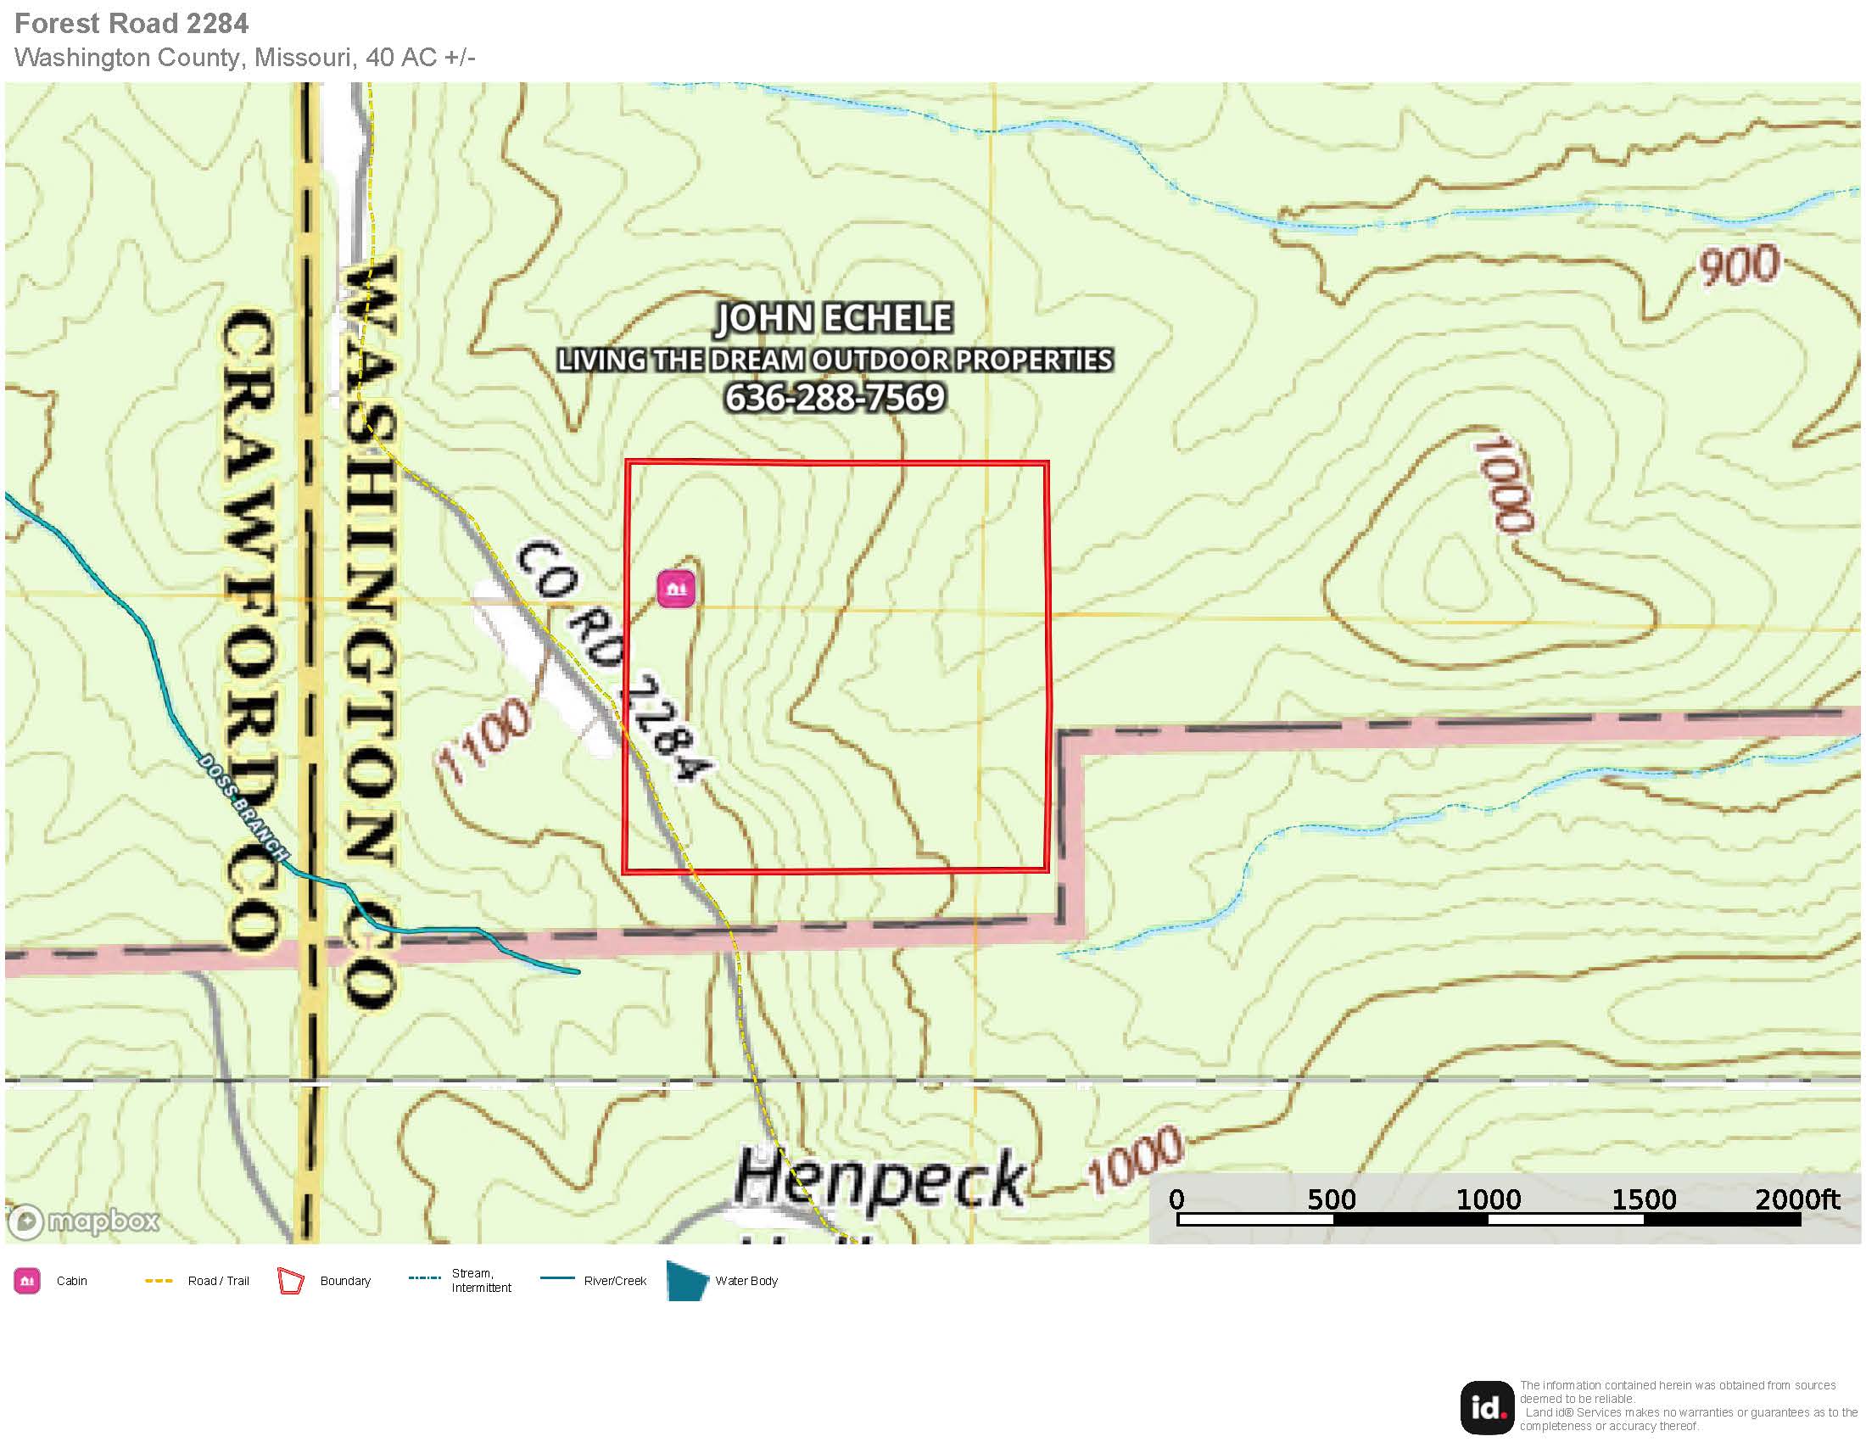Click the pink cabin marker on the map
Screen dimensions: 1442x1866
pyautogui.click(x=676, y=589)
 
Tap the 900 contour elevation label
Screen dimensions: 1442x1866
pyautogui.click(x=1737, y=265)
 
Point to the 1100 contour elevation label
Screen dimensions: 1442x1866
pyautogui.click(x=483, y=740)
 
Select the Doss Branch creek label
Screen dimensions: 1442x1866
pyautogui.click(x=243, y=807)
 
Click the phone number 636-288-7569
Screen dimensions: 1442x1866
pyautogui.click(x=835, y=398)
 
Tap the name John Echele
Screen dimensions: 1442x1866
pyautogui.click(x=834, y=318)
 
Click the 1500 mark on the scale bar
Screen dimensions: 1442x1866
pyautogui.click(x=1643, y=1200)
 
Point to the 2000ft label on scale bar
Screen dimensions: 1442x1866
pyautogui.click(x=1796, y=1200)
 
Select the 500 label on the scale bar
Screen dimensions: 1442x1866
pyautogui.click(x=1331, y=1200)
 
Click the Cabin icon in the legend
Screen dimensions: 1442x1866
pyautogui.click(x=27, y=1281)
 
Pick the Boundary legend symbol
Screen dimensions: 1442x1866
pyautogui.click(x=290, y=1282)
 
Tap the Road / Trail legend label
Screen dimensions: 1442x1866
pyautogui.click(x=218, y=1281)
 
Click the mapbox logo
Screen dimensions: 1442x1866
pyautogui.click(x=84, y=1221)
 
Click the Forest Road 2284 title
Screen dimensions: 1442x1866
pyautogui.click(x=131, y=23)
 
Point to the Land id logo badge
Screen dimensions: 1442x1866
pyautogui.click(x=1487, y=1407)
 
